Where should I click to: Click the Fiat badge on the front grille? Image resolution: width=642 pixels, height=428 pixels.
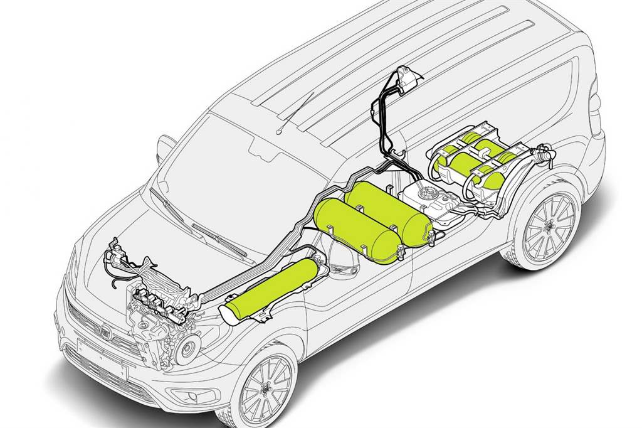107,331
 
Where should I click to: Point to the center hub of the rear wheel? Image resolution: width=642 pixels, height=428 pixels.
549,227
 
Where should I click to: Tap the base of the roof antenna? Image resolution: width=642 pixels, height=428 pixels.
279,131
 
